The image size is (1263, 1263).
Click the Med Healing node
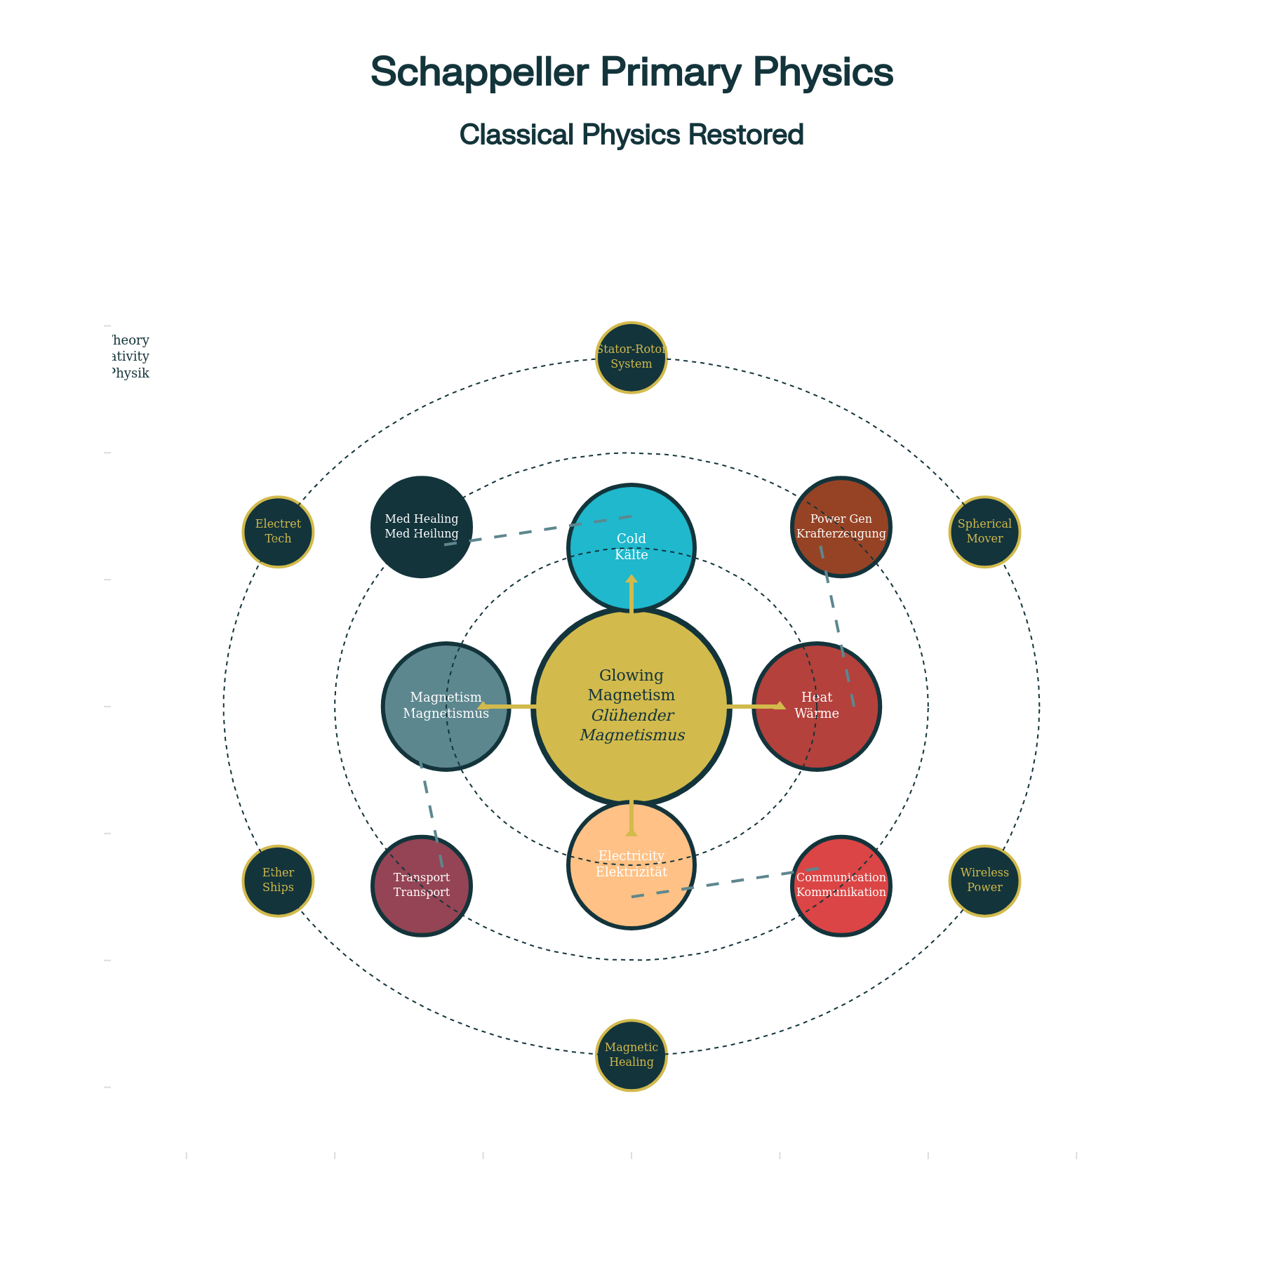pos(421,526)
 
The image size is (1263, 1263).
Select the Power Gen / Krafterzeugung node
pos(841,526)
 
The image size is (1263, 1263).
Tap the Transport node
pos(421,885)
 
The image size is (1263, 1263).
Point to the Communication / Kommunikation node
pos(841,885)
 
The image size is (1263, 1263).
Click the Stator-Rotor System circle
pos(631,357)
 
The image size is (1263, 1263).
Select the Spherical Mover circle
pos(984,531)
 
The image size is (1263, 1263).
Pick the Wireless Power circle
pos(984,880)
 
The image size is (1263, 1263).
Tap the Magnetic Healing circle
pos(631,1055)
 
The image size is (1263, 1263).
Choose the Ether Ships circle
pos(278,880)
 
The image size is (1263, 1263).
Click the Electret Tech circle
pos(278,531)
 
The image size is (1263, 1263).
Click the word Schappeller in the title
pos(479,72)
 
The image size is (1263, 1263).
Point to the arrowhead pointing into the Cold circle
pos(631,580)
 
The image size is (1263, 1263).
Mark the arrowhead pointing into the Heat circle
pos(780,706)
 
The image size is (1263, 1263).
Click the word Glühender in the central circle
pos(632,715)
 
